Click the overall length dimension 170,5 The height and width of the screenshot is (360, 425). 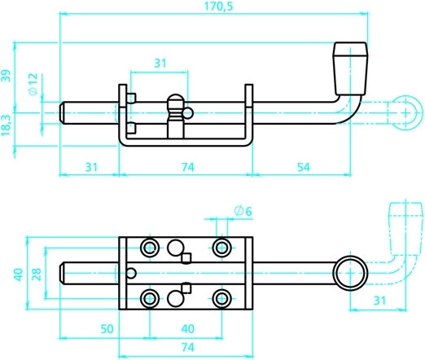[218, 6]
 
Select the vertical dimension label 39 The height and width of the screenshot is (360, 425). [6, 76]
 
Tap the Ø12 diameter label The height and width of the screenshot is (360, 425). [33, 84]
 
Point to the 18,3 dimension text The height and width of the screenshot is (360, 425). [6, 125]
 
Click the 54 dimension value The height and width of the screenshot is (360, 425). [303, 167]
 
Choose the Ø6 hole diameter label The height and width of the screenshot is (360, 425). [243, 211]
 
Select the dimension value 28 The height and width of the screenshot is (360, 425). [37, 274]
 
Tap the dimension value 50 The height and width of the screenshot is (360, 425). [107, 329]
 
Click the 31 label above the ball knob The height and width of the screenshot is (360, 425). [160, 64]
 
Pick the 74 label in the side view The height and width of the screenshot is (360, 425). [188, 167]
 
